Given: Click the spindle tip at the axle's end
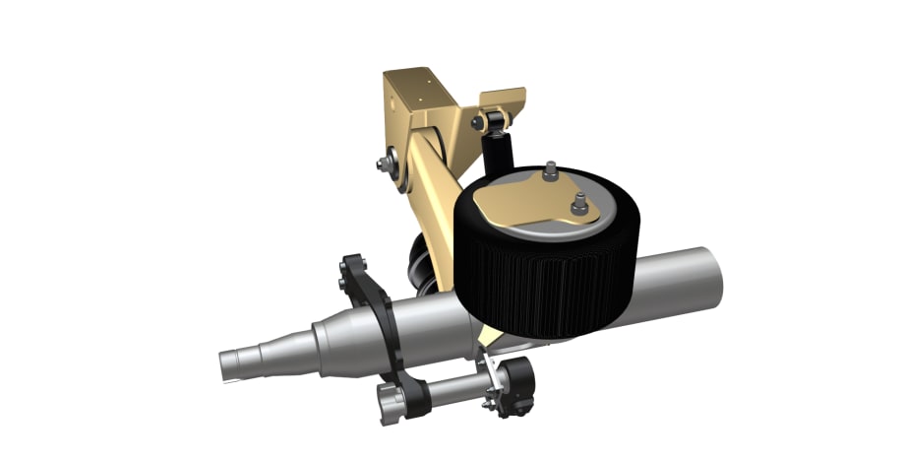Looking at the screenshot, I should click(234, 365).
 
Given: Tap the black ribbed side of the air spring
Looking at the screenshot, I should click(551, 276).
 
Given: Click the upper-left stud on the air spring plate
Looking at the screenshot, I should click(550, 169).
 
